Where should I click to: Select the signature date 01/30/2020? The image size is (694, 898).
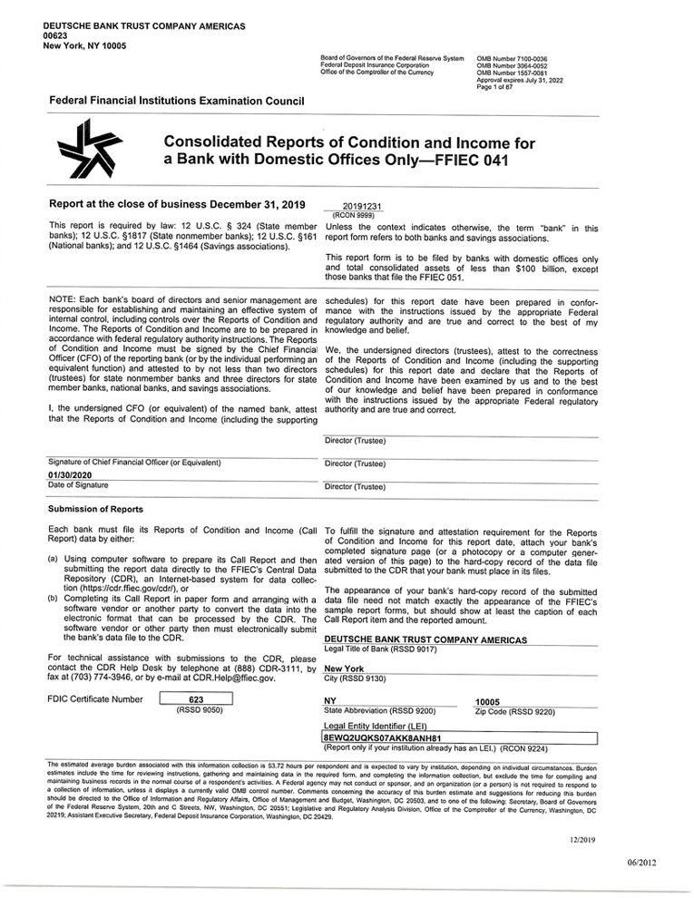point(69,474)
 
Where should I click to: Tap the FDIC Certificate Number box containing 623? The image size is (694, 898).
point(196,699)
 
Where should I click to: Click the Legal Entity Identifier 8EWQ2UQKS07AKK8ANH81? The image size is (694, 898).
point(381,738)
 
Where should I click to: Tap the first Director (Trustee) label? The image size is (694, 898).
point(355,441)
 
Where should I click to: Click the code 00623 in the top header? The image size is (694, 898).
point(55,35)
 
